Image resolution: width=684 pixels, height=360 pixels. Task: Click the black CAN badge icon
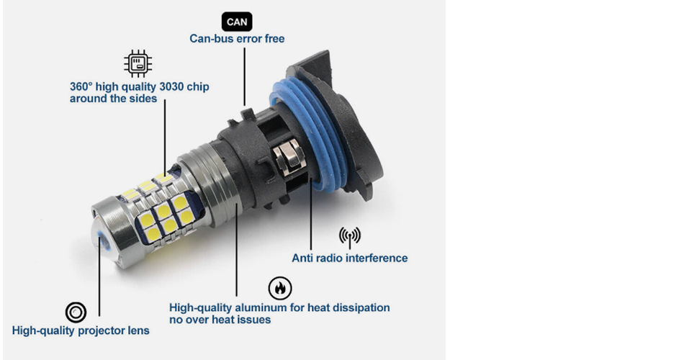(237, 22)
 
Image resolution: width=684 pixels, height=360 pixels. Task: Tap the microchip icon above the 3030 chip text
(138, 63)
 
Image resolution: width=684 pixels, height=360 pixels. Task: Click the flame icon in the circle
(280, 288)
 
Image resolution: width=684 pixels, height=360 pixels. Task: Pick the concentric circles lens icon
(76, 312)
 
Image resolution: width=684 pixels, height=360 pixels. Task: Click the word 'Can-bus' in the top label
(209, 38)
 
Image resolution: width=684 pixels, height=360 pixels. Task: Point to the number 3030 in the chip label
(171, 86)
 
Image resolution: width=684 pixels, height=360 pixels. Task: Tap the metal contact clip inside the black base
(288, 158)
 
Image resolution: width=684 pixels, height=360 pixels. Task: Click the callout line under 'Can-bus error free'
(244, 77)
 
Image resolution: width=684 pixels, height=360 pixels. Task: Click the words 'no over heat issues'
(220, 320)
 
